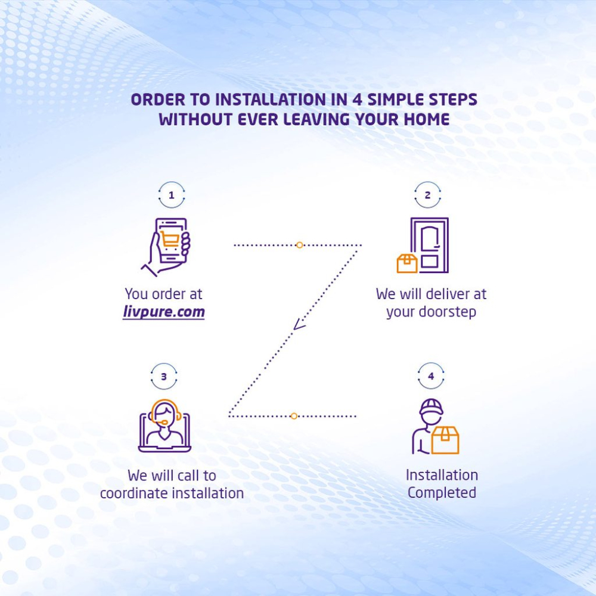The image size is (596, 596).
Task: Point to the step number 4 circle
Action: tap(431, 363)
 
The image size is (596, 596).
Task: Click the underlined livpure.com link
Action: tap(164, 312)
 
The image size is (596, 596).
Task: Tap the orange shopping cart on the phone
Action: tap(169, 239)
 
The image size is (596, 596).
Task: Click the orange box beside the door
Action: tap(407, 263)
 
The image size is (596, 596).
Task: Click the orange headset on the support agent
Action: tap(164, 401)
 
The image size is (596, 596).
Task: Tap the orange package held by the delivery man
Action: tap(445, 440)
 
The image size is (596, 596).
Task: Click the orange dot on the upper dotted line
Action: tap(300, 245)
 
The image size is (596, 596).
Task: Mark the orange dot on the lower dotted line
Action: tap(294, 416)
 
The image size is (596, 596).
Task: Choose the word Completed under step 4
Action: tap(442, 493)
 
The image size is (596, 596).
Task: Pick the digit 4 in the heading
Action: tap(356, 100)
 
